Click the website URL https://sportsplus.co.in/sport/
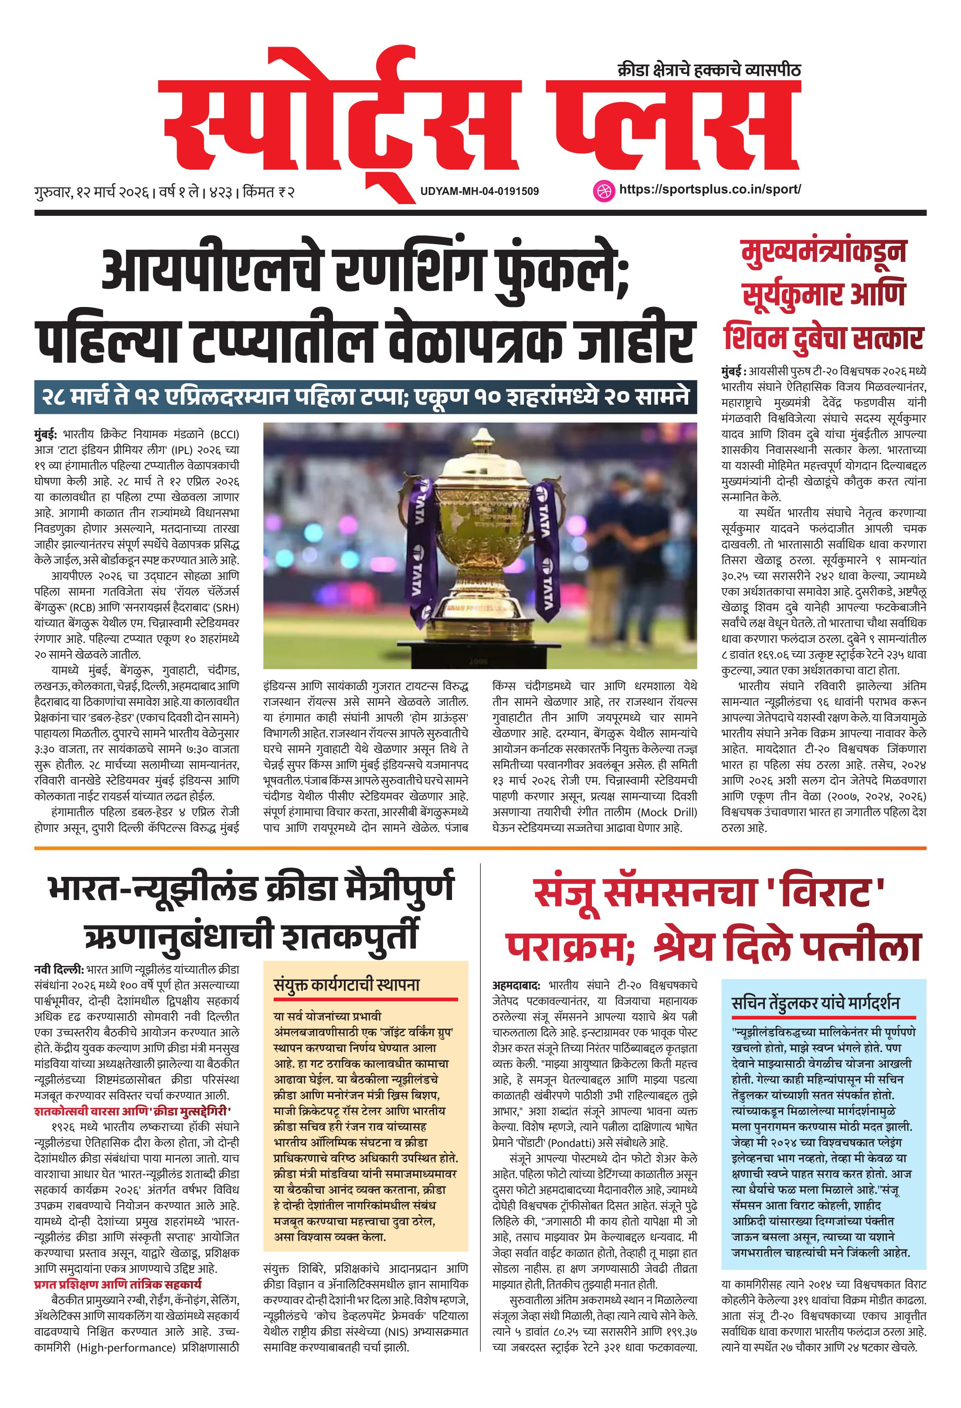pos(710,189)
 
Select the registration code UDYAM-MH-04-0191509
pos(479,191)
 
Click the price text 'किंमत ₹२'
pos(268,193)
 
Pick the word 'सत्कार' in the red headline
pos(887,338)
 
